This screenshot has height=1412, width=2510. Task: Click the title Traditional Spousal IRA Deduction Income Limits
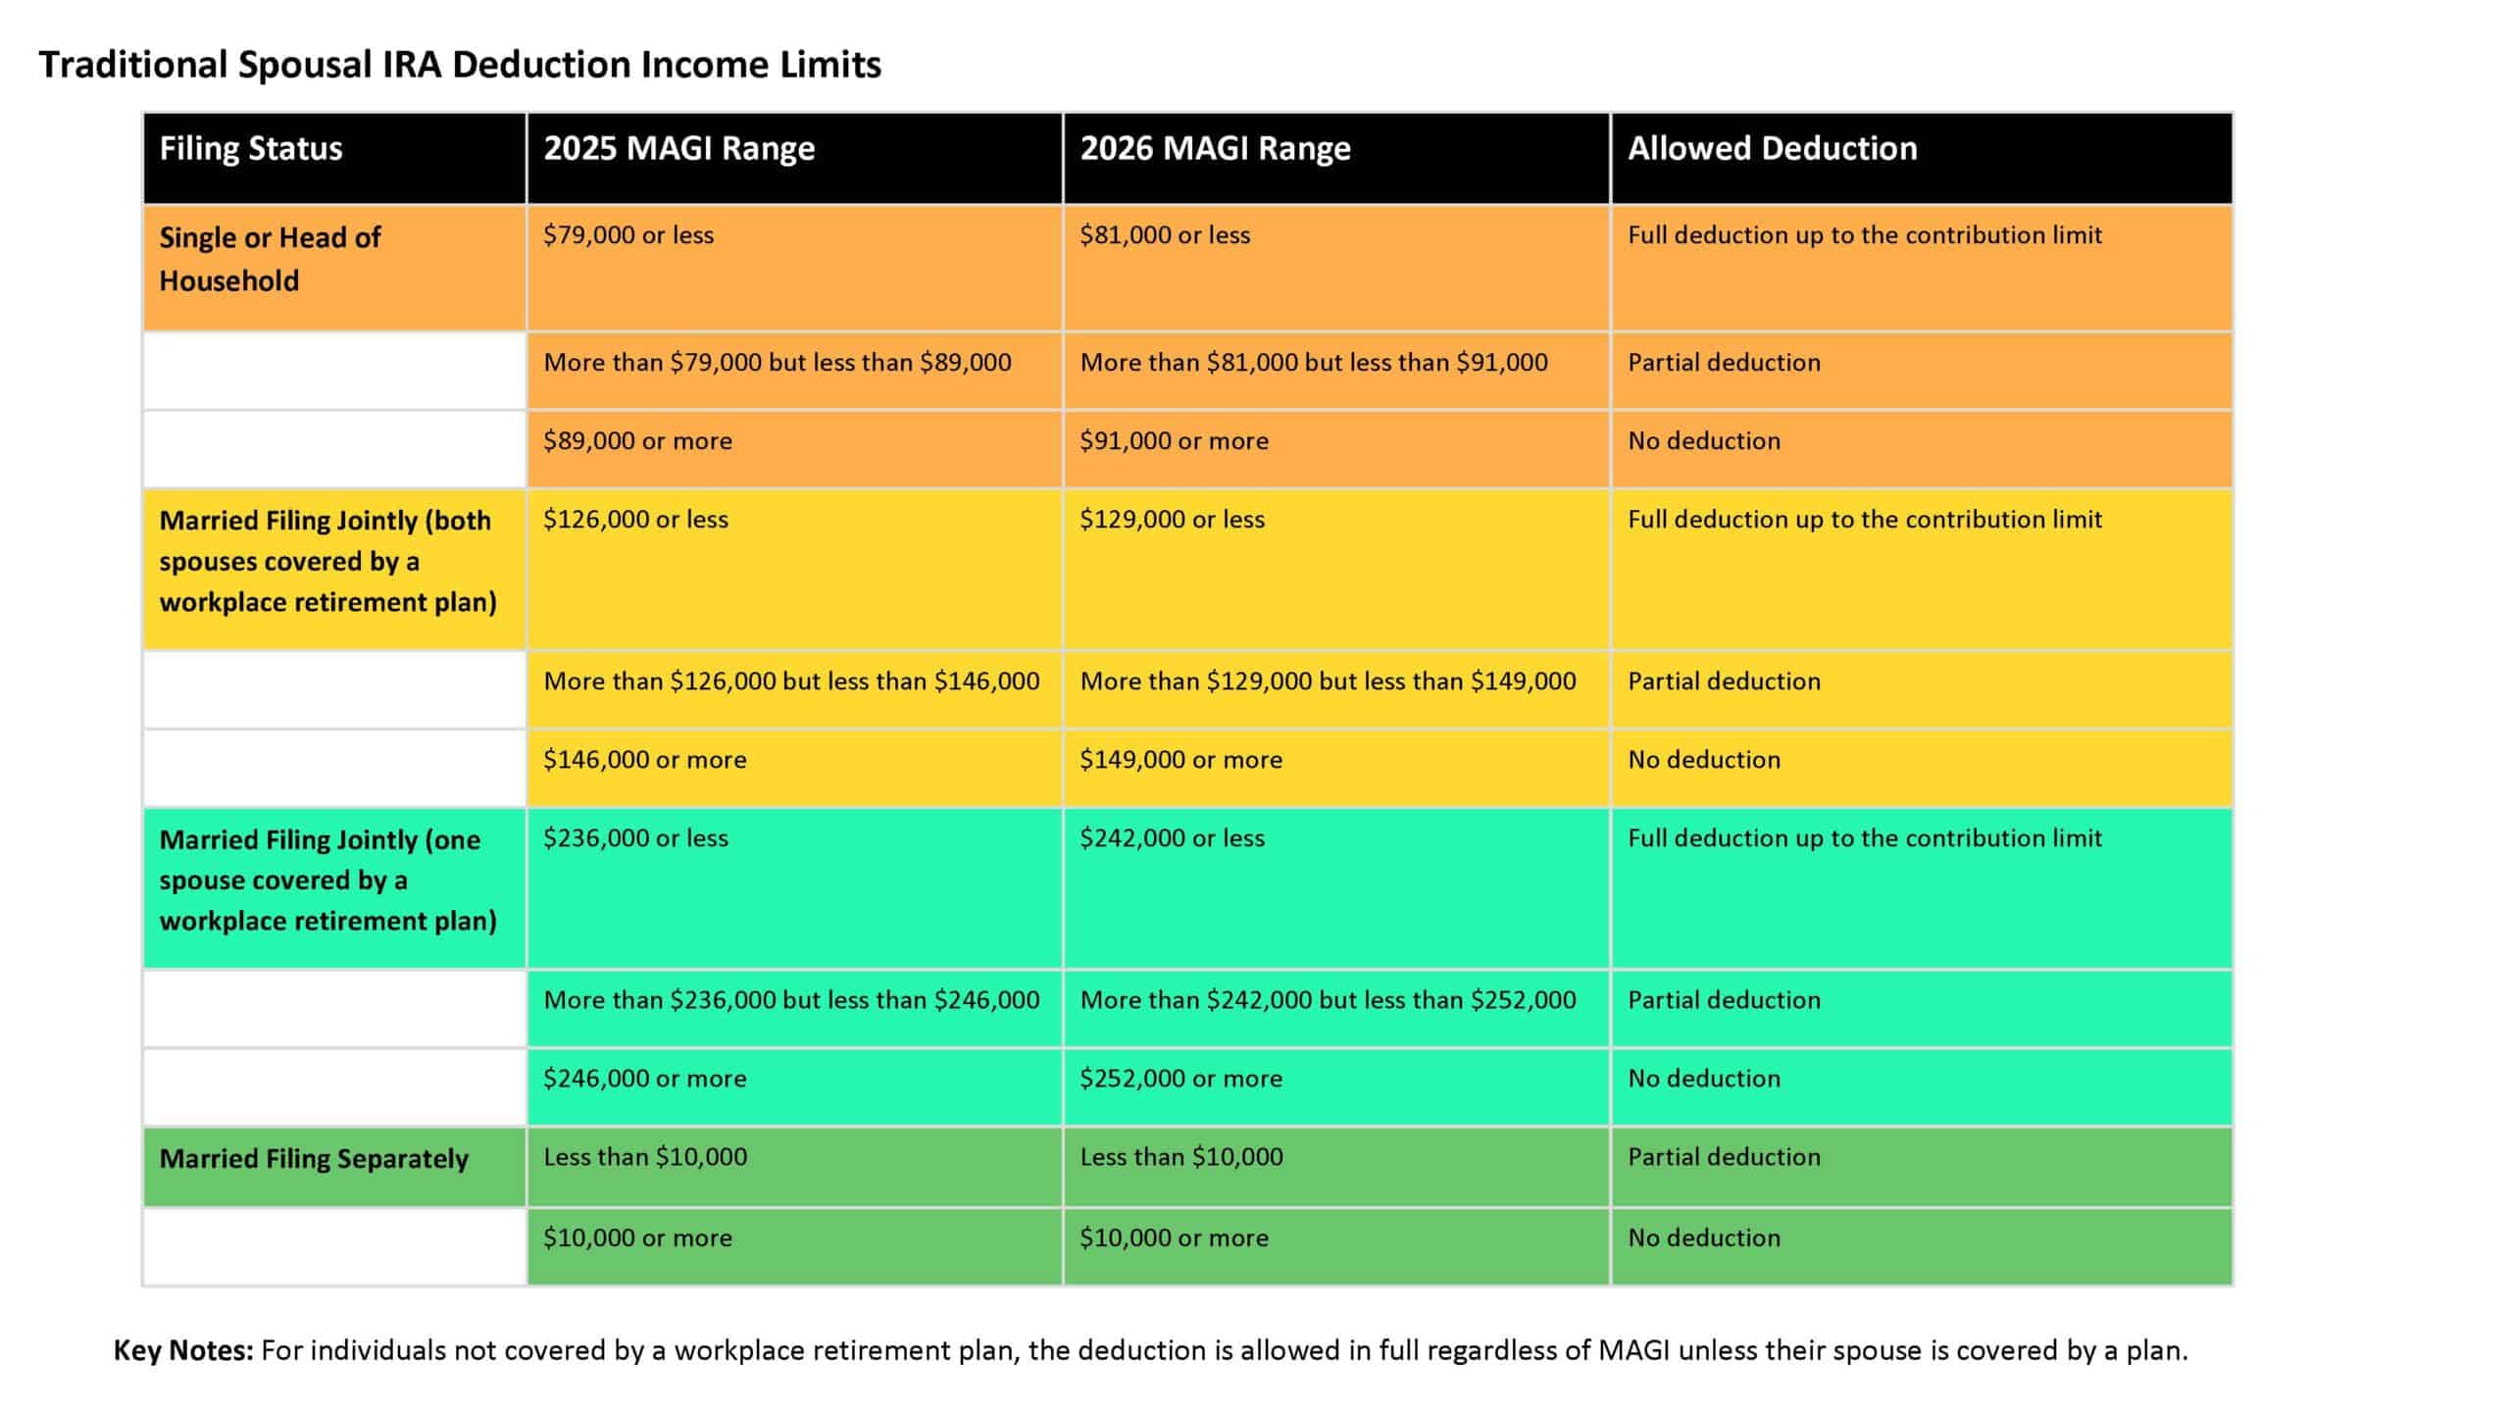[459, 65]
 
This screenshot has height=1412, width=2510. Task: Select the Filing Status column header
[251, 149]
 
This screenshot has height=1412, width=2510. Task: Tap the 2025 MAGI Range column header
[678, 149]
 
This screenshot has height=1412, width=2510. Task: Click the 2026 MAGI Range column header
[1215, 149]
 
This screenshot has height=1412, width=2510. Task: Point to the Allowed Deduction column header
[1772, 149]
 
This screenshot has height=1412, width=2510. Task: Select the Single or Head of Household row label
[270, 259]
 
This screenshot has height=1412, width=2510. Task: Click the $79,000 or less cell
[628, 235]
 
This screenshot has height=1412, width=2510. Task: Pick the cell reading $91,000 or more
[1174, 441]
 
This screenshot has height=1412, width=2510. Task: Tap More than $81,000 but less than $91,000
[1313, 363]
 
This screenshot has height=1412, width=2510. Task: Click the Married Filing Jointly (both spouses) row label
[327, 561]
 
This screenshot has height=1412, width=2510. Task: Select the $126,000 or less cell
[635, 520]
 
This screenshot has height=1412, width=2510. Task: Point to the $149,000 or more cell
[1180, 760]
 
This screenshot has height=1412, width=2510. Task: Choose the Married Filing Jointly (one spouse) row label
[327, 880]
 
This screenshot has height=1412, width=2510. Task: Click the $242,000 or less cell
[1172, 838]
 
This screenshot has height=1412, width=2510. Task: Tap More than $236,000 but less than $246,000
[790, 1000]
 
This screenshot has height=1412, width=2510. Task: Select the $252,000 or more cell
[1180, 1079]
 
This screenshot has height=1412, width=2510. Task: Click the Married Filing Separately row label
[314, 1159]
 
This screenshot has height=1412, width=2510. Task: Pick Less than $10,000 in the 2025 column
[644, 1157]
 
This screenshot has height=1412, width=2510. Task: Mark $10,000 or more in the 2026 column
[1174, 1238]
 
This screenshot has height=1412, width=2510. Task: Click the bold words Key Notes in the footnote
[183, 1351]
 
